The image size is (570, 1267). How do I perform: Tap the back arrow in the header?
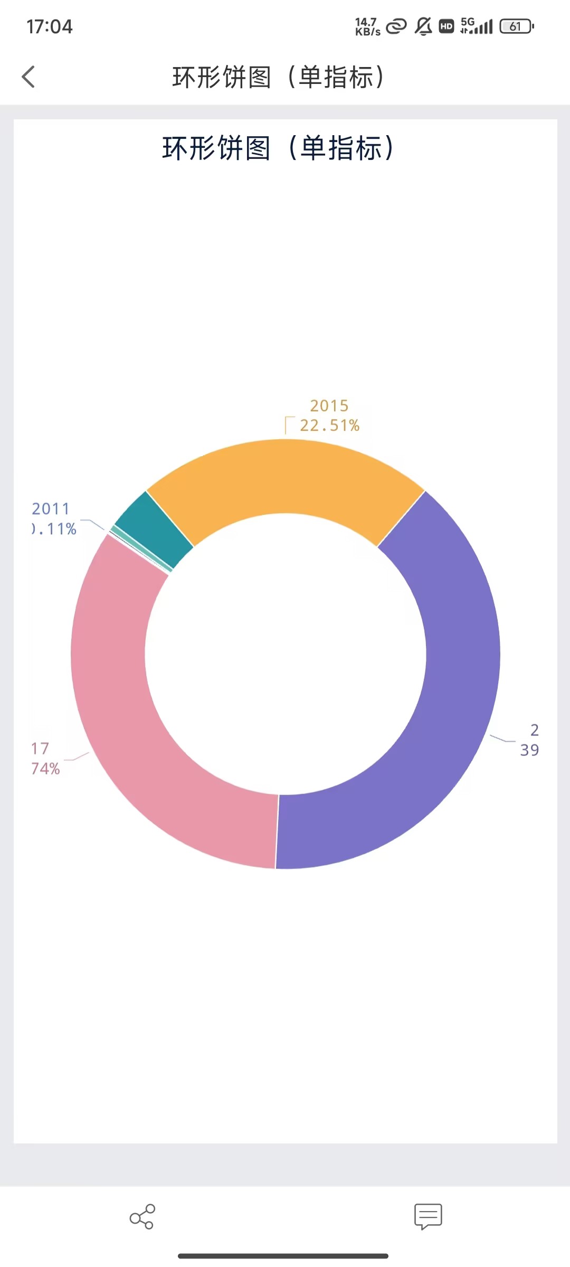click(x=28, y=77)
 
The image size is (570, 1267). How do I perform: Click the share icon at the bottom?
click(x=142, y=1216)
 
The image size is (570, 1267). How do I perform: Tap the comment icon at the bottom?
click(x=428, y=1216)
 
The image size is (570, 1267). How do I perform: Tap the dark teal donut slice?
click(x=153, y=528)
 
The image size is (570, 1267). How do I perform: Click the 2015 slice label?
click(x=329, y=405)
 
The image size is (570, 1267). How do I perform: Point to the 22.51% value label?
click(x=330, y=426)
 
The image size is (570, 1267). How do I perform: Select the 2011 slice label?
click(x=51, y=509)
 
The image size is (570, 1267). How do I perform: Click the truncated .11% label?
click(x=54, y=529)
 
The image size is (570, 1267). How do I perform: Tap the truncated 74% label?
click(x=45, y=769)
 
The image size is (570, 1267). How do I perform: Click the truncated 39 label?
click(x=529, y=750)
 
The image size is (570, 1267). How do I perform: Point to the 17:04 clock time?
click(x=50, y=26)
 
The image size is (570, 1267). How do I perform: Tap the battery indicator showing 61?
click(x=517, y=26)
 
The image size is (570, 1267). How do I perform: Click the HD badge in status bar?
click(x=446, y=26)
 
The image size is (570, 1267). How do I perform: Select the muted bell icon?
click(x=423, y=26)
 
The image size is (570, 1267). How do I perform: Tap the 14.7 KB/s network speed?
click(x=367, y=26)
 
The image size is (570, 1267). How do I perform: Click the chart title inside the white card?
click(x=278, y=148)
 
